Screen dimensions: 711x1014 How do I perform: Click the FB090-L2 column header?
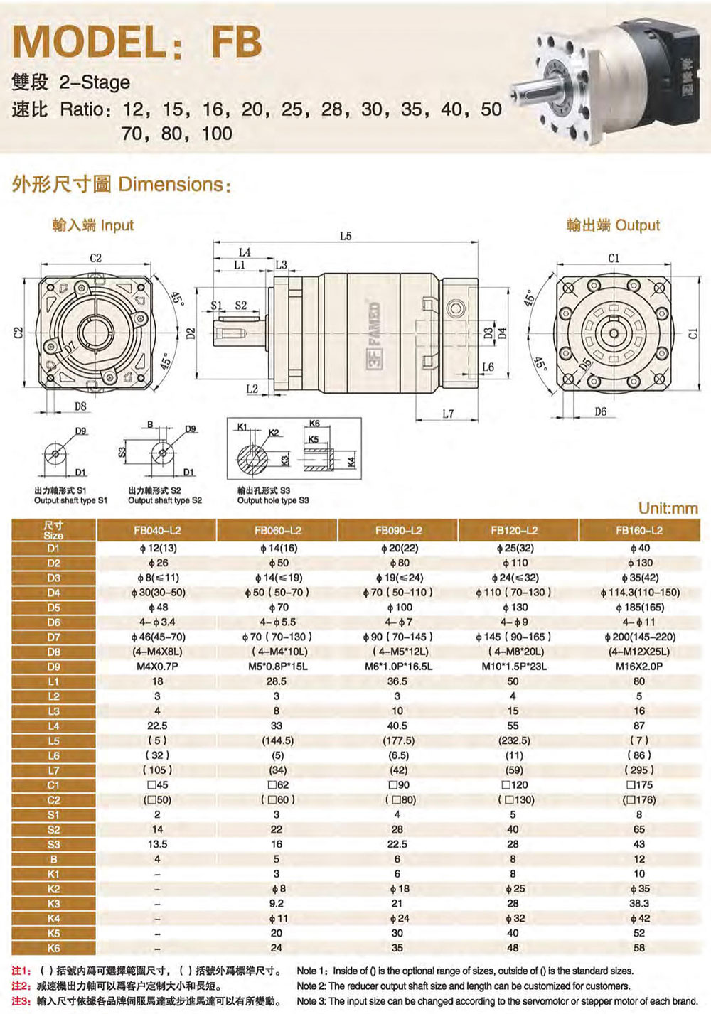[x=398, y=530]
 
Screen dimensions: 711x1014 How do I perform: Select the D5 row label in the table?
[x=53, y=608]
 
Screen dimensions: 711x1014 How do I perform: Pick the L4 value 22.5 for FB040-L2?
[x=157, y=726]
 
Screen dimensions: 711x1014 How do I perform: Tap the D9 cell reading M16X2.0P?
[x=639, y=667]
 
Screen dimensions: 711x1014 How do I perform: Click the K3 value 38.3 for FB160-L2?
[x=639, y=903]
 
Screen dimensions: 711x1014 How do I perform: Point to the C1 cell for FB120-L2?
[x=513, y=785]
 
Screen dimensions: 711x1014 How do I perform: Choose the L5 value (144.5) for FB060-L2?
[x=277, y=740]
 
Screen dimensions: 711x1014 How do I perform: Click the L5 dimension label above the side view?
[x=346, y=236]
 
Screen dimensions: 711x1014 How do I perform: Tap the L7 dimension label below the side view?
[x=447, y=414]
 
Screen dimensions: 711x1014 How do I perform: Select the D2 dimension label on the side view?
[x=191, y=334]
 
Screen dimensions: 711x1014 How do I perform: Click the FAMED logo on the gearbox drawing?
[x=375, y=335]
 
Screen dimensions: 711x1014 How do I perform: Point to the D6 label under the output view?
[x=600, y=411]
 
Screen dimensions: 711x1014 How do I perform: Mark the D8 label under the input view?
[x=80, y=406]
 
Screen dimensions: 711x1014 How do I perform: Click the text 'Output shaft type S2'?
[x=165, y=500]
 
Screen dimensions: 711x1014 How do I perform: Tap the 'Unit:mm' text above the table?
[x=668, y=508]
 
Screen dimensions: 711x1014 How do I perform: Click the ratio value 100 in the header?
[x=216, y=133]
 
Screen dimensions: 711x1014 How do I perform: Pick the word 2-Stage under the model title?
[x=95, y=82]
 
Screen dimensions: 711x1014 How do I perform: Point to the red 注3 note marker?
[x=21, y=1001]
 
